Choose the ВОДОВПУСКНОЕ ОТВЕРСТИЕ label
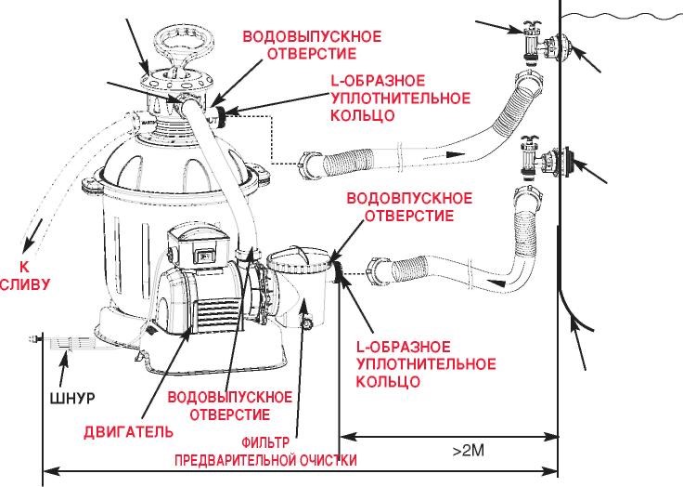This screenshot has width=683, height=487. point(408,207)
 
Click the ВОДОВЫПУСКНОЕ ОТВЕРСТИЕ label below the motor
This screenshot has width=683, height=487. point(220,404)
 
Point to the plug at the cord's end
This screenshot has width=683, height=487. point(37,341)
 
